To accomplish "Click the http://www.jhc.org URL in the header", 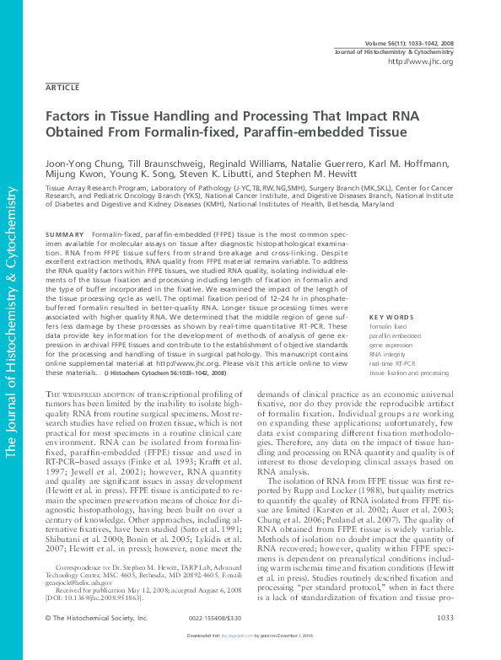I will coord(421,62).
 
